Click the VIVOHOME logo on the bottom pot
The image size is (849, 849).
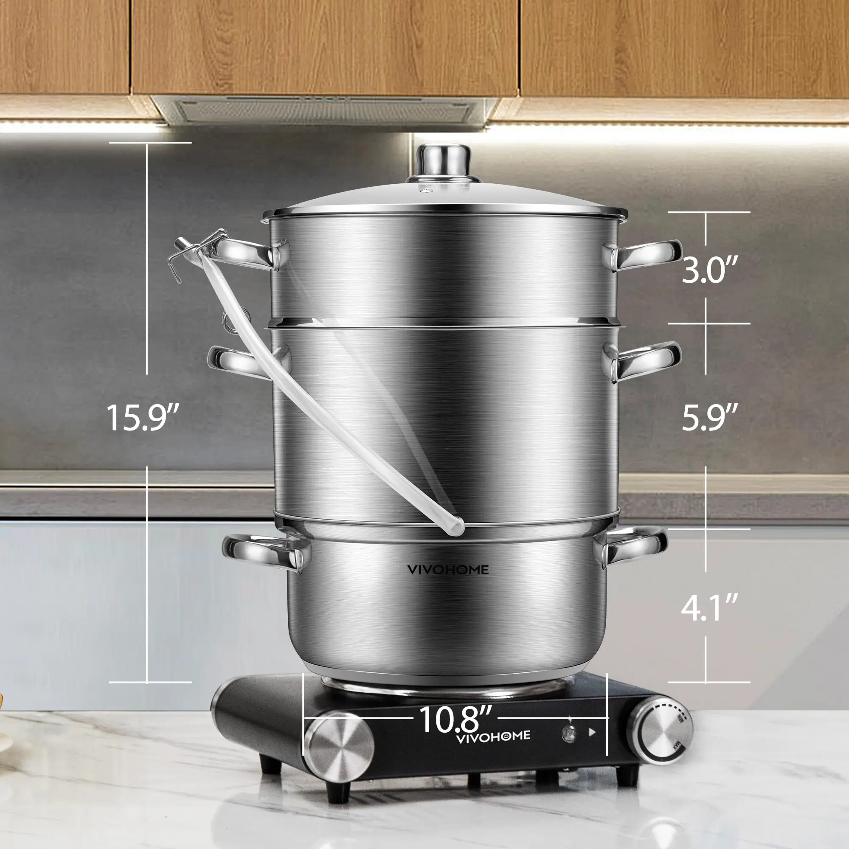coord(447,570)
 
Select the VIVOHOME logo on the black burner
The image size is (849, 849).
coord(493,737)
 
